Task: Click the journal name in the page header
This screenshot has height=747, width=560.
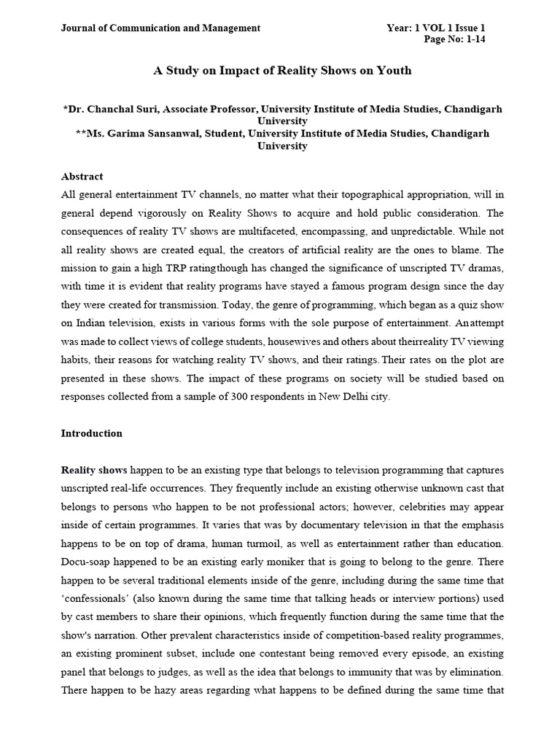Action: pyautogui.click(x=160, y=28)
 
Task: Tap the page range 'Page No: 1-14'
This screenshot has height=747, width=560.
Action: pyautogui.click(x=455, y=39)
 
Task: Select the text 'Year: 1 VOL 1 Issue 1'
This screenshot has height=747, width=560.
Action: pyautogui.click(x=436, y=28)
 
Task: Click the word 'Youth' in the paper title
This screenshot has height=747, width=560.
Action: pyautogui.click(x=394, y=71)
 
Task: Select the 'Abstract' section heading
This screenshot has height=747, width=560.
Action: pyautogui.click(x=82, y=177)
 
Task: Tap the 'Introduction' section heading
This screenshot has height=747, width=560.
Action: pyautogui.click(x=91, y=433)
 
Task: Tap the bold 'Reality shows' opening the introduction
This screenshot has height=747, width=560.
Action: pyautogui.click(x=93, y=470)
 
